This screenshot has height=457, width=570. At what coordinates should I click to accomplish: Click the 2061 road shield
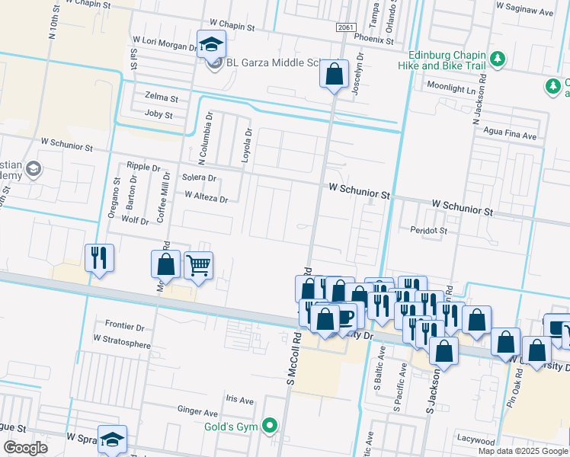(345, 27)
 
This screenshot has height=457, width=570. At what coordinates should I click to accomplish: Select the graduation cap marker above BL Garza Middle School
(211, 44)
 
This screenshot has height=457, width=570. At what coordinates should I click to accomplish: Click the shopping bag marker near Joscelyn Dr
(334, 74)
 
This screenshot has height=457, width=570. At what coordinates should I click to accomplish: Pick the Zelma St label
(161, 98)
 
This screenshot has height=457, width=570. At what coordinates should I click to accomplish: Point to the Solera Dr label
(200, 177)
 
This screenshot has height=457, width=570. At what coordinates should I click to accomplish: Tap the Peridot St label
(427, 229)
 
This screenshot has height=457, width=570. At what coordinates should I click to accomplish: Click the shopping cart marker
(198, 266)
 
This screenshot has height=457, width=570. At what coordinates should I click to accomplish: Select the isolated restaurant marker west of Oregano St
(100, 257)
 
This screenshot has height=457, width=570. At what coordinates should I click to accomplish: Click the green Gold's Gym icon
(269, 426)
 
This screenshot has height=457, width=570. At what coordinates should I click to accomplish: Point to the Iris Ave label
(239, 400)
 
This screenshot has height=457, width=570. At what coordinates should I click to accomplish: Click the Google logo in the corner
(24, 448)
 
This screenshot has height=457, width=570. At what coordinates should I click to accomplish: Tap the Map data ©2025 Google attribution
(522, 451)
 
